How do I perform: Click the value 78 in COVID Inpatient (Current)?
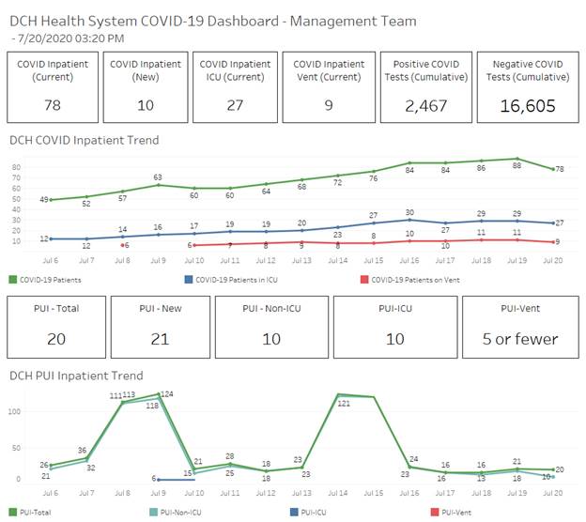tap(52, 105)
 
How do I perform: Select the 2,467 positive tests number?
tap(426, 105)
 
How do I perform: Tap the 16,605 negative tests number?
tap(523, 105)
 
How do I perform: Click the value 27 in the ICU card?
tap(236, 105)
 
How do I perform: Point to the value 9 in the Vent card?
tap(328, 105)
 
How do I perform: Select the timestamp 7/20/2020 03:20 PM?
tap(71, 38)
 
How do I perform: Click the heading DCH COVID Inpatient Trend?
tap(84, 140)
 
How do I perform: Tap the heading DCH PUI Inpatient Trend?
tap(76, 376)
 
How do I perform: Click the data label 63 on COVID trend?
tap(158, 177)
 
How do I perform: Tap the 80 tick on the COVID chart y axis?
tap(17, 168)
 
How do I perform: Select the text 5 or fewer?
tap(520, 339)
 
